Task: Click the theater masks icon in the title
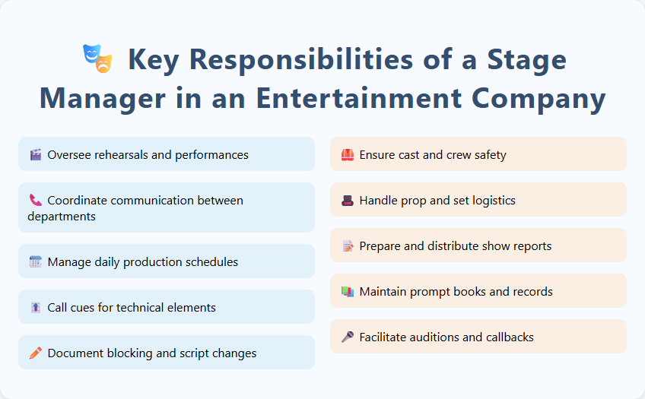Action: pos(97,59)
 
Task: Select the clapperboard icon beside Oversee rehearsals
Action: pos(35,155)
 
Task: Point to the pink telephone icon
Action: pos(35,201)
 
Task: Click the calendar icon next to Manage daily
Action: pos(35,262)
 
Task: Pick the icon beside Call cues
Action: pos(35,308)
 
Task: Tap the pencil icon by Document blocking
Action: pos(35,353)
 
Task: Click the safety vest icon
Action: pos(348,155)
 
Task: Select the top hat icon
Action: pos(348,201)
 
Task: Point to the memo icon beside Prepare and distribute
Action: pos(348,246)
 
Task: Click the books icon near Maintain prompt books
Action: pos(348,292)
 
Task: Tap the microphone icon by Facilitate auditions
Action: pos(348,337)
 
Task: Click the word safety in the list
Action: pos(488,155)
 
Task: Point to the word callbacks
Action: pos(508,337)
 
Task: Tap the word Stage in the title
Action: pos(526,60)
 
